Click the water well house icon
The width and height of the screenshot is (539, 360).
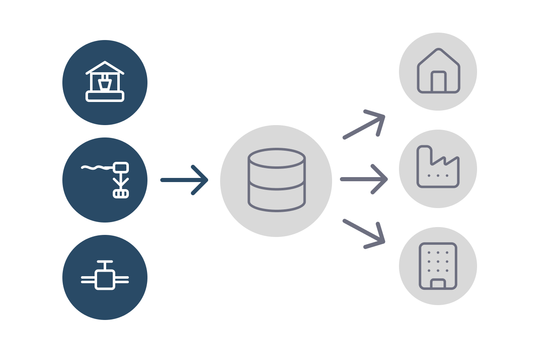tap(105, 82)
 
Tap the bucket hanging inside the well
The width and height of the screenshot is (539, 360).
tap(105, 84)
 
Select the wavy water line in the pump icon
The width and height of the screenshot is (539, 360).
tap(96, 168)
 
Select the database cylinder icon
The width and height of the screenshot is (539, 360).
tap(276, 180)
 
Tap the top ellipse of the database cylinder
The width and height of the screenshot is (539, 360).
tap(276, 158)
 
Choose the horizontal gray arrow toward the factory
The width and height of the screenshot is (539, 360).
tap(363, 179)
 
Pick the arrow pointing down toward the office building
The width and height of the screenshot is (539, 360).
tap(364, 234)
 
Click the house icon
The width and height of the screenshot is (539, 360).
tap(438, 71)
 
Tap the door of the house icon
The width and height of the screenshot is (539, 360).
tap(438, 81)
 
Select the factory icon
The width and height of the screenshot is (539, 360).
tap(438, 167)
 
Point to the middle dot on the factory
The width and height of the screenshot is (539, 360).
tap(438, 175)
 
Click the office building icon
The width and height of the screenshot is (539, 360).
tap(438, 266)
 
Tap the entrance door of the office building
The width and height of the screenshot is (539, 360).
tap(438, 284)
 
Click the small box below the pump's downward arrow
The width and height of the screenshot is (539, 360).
tap(121, 194)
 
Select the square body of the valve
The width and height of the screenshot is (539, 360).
tap(105, 279)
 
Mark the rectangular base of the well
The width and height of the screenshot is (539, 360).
tap(105, 96)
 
